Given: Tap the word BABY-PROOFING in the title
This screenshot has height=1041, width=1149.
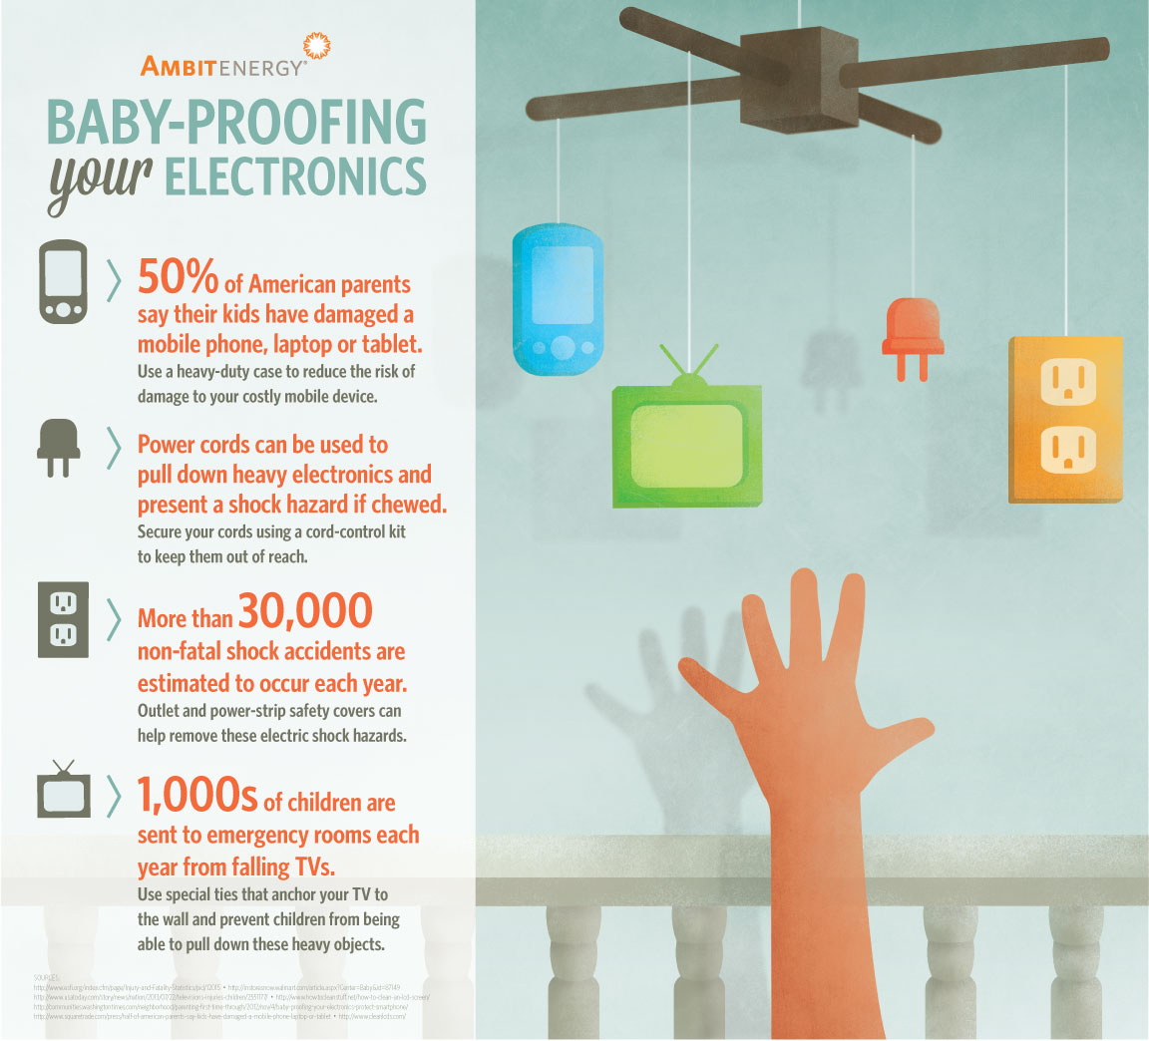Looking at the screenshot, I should [x=236, y=122].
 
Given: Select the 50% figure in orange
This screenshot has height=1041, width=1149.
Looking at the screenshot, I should [x=178, y=278].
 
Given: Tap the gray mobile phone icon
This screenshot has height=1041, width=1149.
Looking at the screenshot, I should [x=63, y=282].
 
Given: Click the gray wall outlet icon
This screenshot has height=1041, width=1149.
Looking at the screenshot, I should [x=63, y=619].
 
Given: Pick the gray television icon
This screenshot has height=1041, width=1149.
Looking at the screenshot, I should [x=63, y=791].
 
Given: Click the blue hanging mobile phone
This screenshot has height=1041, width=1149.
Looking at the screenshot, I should [x=559, y=299].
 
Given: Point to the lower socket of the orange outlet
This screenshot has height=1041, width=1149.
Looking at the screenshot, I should [x=1068, y=449].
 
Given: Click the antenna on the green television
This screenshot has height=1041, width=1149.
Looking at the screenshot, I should [x=688, y=361].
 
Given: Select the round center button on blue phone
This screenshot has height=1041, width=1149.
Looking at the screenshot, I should [x=564, y=348].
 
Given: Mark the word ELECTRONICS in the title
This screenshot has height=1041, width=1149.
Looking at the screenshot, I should [x=295, y=175].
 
